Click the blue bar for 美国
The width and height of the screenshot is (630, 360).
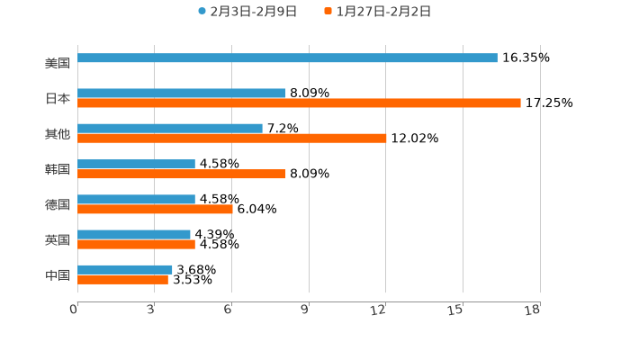pyautogui.click(x=287, y=58)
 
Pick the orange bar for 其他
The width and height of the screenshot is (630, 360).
pyautogui.click(x=232, y=138)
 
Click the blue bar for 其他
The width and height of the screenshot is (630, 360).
pyautogui.click(x=170, y=128)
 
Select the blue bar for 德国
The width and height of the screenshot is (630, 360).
pyautogui.click(x=136, y=199)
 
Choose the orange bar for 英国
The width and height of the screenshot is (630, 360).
pyautogui.click(x=136, y=244)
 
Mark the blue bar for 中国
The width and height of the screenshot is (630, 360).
pyautogui.click(x=125, y=269)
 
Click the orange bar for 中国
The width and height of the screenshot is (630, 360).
pyautogui.click(x=122, y=279)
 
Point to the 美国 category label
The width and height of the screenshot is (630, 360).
pyautogui.click(x=58, y=63)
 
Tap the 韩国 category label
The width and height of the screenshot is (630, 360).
pyautogui.click(x=58, y=169)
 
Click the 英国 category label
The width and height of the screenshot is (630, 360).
pyautogui.click(x=58, y=239)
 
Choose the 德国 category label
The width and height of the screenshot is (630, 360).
pyautogui.click(x=58, y=204)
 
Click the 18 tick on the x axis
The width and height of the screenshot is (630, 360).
pyautogui.click(x=532, y=310)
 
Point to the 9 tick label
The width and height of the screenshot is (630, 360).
pyautogui.click(x=304, y=310)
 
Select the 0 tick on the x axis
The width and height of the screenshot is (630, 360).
pyautogui.click(x=74, y=310)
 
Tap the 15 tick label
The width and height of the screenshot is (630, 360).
pyautogui.click(x=455, y=310)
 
